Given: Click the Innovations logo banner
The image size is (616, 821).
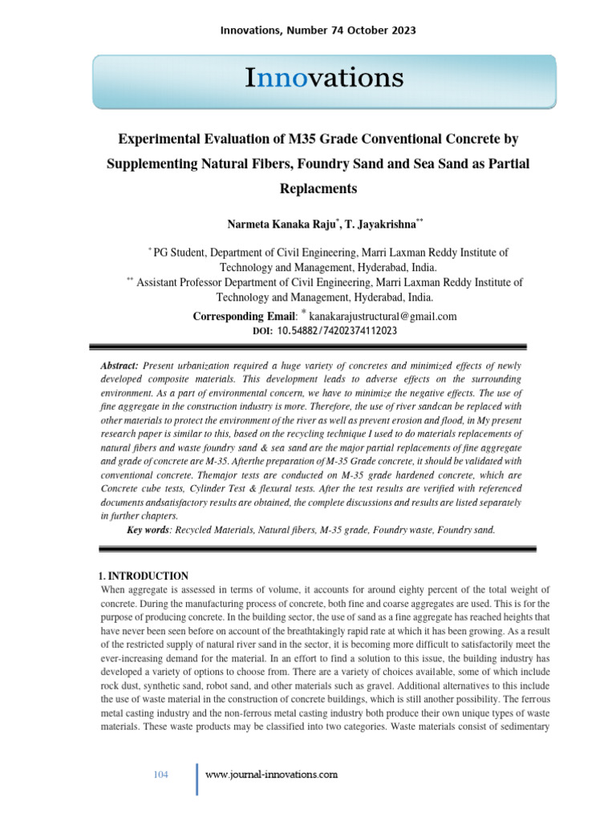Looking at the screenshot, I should point(324,80).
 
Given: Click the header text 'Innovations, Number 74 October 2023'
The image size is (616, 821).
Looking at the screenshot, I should point(318,30).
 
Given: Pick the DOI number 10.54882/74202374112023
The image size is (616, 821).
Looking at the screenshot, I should point(337,330).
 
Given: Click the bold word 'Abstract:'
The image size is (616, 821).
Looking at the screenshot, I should point(119,365).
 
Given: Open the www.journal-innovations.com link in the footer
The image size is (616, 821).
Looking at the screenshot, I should point(271,774).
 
